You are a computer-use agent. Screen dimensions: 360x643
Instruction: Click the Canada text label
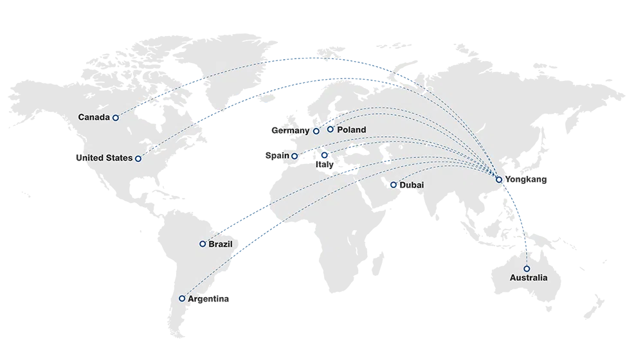(x=94, y=118)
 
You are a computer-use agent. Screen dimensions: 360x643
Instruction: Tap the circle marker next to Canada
(x=116, y=118)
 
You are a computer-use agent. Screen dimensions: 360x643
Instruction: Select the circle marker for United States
(x=138, y=158)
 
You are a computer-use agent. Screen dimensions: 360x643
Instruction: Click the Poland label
(x=351, y=130)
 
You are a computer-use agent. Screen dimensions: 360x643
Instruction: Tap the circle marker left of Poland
(x=331, y=129)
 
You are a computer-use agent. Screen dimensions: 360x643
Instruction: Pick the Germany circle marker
(x=316, y=131)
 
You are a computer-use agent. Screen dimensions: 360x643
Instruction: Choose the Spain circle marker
(x=294, y=156)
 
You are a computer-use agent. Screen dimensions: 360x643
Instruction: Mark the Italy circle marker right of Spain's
(x=325, y=155)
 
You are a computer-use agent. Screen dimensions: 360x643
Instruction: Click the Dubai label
(x=412, y=185)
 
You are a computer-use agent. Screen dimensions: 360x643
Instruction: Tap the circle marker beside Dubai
(x=394, y=185)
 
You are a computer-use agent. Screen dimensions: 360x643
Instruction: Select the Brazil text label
(x=221, y=244)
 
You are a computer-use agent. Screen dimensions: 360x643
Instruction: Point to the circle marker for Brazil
(x=203, y=244)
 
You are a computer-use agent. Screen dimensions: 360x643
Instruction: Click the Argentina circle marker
(x=182, y=298)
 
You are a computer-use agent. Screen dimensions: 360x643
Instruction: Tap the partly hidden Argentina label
(x=192, y=299)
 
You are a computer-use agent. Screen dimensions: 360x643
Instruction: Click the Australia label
(x=529, y=278)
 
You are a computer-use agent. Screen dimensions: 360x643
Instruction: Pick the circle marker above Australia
(x=527, y=269)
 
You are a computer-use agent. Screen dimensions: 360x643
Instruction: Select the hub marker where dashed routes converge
(x=499, y=179)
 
